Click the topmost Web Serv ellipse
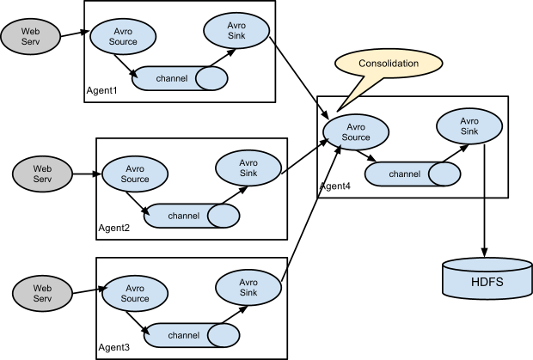[x=29, y=36]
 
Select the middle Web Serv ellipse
[x=42, y=174]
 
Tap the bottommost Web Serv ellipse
[x=42, y=292]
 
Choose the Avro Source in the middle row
[x=135, y=174]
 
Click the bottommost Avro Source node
[x=134, y=293]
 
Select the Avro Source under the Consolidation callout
[x=356, y=131]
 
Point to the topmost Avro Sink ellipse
[x=236, y=31]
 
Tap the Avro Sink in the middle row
[x=248, y=168]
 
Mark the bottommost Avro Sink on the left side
[x=248, y=287]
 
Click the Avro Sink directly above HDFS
[x=469, y=126]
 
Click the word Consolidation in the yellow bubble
[x=389, y=64]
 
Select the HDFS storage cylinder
[x=487, y=280]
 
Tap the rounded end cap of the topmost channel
[x=211, y=79]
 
